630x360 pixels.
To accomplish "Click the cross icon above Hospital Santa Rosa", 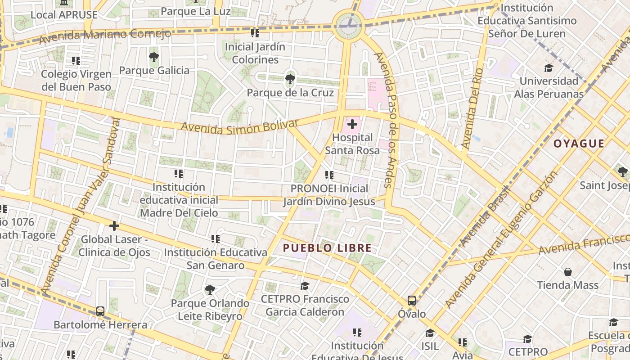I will coord(352,124).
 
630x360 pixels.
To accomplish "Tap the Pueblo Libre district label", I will coord(327,248).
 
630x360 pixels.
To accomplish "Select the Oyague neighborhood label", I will coord(579,144).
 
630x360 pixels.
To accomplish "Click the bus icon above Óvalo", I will coord(411,300).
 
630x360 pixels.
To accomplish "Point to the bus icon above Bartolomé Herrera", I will coord(100,311).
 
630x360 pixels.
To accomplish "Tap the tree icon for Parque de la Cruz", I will coord(290,80).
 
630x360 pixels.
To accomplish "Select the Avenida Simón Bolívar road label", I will coord(239,127).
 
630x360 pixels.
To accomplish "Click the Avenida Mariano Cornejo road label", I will coord(105,36).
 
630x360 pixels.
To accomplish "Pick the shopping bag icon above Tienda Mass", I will coord(568,272).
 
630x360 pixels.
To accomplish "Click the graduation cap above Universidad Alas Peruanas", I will coord(549,68).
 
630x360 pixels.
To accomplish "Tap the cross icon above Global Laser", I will coord(114,225).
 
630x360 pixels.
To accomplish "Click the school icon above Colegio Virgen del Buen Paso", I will coord(76,60).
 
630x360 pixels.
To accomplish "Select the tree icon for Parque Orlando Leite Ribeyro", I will coord(210,289).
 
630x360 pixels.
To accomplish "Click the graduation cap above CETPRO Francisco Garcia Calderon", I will coord(305,286).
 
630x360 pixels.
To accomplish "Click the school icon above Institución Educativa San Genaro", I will coord(216,239).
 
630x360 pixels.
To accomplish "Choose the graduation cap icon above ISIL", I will coord(430,333).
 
